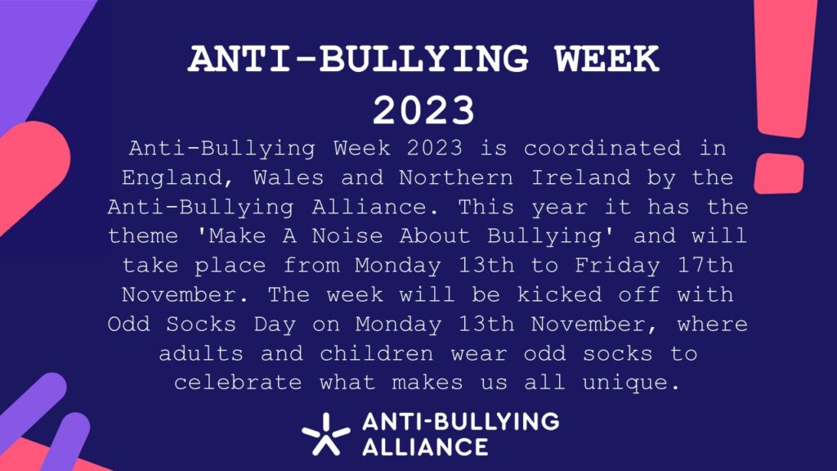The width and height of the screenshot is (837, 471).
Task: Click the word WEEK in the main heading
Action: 607,59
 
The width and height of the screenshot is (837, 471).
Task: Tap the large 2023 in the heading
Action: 424,110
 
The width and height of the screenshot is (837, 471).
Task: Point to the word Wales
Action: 289,177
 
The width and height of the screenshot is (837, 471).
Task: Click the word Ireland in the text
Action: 581,177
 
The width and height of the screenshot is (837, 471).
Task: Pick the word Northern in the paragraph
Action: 456,177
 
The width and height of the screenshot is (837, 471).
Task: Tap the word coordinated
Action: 602,149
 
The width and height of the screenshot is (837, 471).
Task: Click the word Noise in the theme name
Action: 347,236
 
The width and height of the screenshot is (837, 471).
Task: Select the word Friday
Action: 617,267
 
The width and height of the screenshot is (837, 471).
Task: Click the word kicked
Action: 559,294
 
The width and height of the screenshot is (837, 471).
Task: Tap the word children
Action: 376,353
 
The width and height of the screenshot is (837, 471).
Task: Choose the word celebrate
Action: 238,383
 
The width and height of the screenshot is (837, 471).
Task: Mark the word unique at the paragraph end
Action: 631,384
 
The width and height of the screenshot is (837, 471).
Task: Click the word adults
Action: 201,353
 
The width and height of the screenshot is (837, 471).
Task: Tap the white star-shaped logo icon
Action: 325,433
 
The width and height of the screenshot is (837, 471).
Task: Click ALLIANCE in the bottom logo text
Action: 425,447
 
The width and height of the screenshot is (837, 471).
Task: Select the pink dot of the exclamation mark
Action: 779,173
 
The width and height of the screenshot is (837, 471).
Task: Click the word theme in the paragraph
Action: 143,236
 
